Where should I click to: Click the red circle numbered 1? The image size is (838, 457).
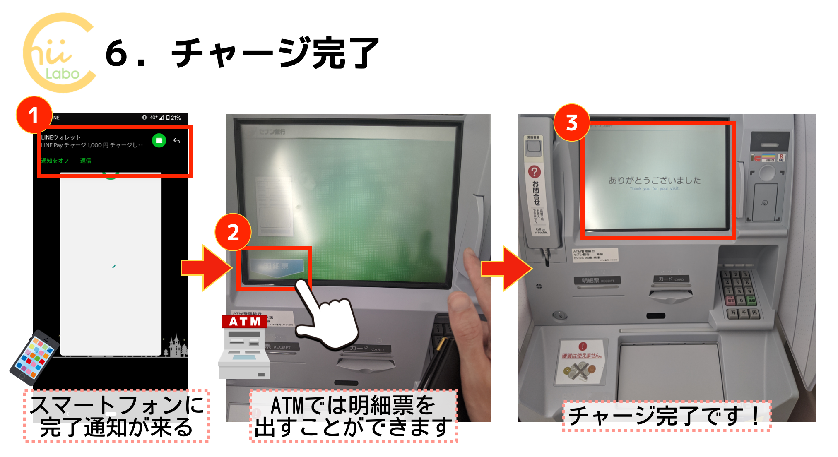tap(34, 115)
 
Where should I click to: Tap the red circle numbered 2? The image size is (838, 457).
tap(233, 232)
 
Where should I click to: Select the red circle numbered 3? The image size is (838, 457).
tap(572, 123)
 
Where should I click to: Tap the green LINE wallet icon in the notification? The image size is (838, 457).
tap(159, 141)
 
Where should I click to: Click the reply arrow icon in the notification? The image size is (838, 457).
tap(177, 141)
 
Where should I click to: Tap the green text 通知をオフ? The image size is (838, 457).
tap(55, 161)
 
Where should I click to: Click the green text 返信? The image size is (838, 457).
tap(86, 161)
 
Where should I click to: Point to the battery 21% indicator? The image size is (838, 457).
tap(174, 118)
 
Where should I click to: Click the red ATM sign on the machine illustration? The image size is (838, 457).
tap(244, 322)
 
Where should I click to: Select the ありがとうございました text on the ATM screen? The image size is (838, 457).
tap(655, 180)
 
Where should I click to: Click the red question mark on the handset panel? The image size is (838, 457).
tap(535, 171)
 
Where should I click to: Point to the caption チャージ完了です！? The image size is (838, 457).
tap(666, 416)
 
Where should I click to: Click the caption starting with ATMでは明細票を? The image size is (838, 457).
tap(353, 416)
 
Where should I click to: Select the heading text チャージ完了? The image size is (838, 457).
tap(275, 53)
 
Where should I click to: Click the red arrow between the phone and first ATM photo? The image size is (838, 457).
tap(206, 268)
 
